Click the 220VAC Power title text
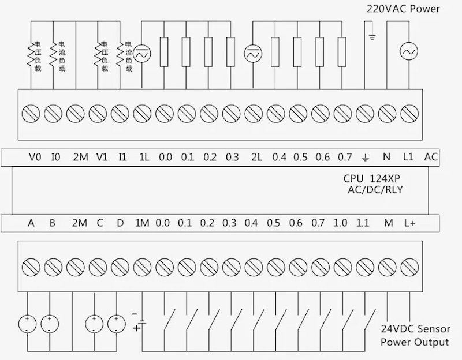403,9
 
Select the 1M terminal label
142,223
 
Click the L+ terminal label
410,223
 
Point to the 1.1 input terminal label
363,223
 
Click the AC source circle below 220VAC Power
409,52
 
